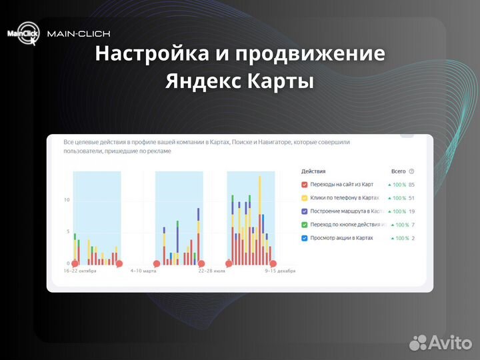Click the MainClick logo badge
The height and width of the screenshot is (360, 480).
(x=23, y=33)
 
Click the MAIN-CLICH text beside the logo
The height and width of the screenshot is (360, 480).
(x=79, y=33)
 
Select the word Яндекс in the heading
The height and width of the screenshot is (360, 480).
(x=203, y=82)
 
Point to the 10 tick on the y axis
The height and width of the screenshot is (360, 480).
(x=66, y=200)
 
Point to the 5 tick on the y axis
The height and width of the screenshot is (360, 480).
(x=67, y=232)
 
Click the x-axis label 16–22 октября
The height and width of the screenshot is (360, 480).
(x=85, y=271)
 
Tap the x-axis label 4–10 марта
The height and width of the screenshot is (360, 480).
(x=143, y=271)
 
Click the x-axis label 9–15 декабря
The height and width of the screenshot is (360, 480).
(x=280, y=271)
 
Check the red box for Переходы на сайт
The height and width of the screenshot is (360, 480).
(x=305, y=185)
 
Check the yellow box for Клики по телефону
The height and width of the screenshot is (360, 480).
(x=305, y=198)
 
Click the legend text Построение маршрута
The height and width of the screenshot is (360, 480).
(x=345, y=211)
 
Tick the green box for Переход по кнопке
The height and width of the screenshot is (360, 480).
(x=305, y=225)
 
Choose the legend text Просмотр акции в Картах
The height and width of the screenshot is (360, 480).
(x=342, y=238)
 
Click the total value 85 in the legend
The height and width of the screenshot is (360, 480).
(x=412, y=185)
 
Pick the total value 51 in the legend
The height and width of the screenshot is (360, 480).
(x=412, y=198)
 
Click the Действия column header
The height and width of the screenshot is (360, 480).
(x=313, y=171)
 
